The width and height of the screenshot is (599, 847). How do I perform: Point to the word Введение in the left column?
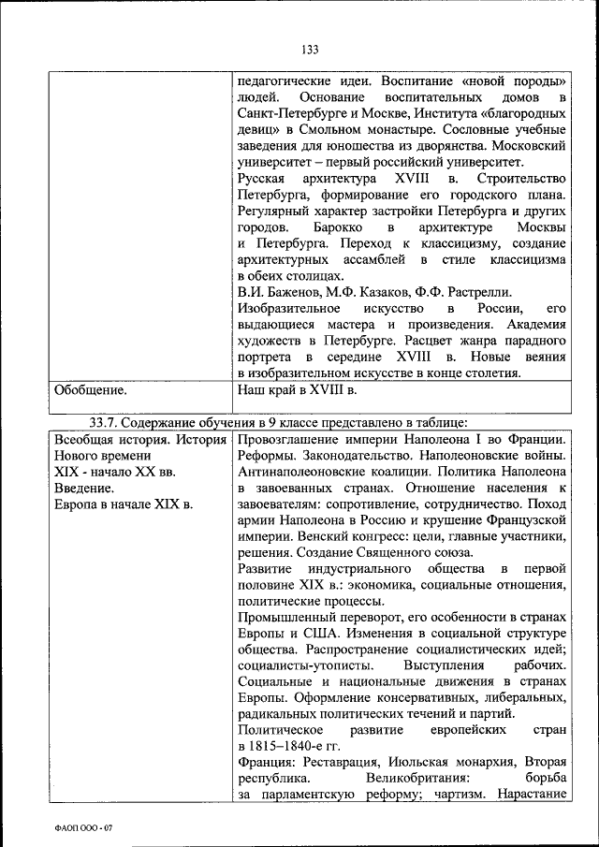coord(84,488)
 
